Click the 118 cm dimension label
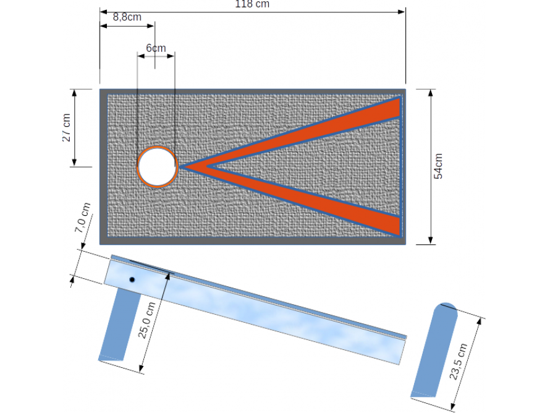252,4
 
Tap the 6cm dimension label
156,48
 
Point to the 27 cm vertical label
67,128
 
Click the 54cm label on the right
438,166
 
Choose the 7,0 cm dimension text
83,218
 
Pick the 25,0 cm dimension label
148,320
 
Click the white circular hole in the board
157,166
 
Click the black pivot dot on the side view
132,280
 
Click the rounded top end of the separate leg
447,308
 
